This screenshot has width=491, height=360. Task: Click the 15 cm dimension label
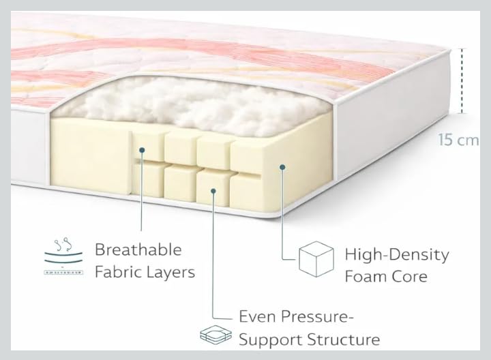point(458,140)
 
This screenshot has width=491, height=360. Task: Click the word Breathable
point(138,250)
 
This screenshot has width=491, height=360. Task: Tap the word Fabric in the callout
point(118,272)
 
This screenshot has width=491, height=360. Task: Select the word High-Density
point(396,255)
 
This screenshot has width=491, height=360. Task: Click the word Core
point(411,276)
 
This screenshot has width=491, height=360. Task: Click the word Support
point(266,339)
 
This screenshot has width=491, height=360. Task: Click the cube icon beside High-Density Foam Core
point(317,260)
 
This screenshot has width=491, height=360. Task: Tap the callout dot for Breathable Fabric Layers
point(141,151)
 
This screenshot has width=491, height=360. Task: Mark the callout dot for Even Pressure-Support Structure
point(213,192)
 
